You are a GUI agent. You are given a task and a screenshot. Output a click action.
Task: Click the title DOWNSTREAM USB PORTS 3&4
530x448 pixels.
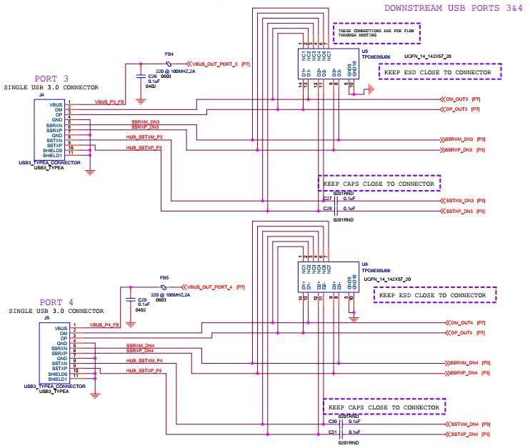click(x=454, y=9)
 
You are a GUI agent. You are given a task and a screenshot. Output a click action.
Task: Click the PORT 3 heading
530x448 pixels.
click(x=52, y=78)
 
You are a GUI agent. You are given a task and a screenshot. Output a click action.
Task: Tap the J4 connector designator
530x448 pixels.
click(x=41, y=94)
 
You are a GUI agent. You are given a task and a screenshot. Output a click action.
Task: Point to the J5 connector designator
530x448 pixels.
click(x=46, y=318)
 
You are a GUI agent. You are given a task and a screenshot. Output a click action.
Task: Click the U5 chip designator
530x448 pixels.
click(x=365, y=52)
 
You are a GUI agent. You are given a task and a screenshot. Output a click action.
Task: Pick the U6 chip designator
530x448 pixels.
click(x=365, y=264)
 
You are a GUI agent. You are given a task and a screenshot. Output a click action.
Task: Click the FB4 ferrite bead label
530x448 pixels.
click(x=169, y=54)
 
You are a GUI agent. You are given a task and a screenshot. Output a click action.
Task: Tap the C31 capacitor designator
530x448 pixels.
click(x=333, y=432)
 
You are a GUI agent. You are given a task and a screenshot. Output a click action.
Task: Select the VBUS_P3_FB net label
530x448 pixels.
click(x=110, y=102)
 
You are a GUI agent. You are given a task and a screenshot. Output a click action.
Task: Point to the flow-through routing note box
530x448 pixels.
click(x=376, y=33)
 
